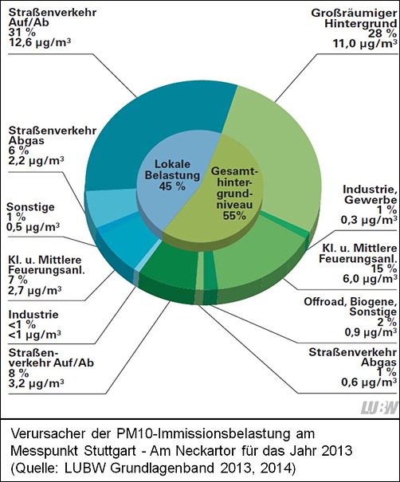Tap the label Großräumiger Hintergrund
click(354, 18)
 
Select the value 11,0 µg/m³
click(365, 43)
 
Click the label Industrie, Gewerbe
click(370, 194)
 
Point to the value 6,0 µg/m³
click(370, 279)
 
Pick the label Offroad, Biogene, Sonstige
click(350, 307)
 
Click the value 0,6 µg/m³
click(369, 382)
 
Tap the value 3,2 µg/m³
click(37, 383)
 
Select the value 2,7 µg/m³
click(35, 289)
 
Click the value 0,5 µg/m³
click(33, 227)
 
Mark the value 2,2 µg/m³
click(37, 160)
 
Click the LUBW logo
click(379, 408)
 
